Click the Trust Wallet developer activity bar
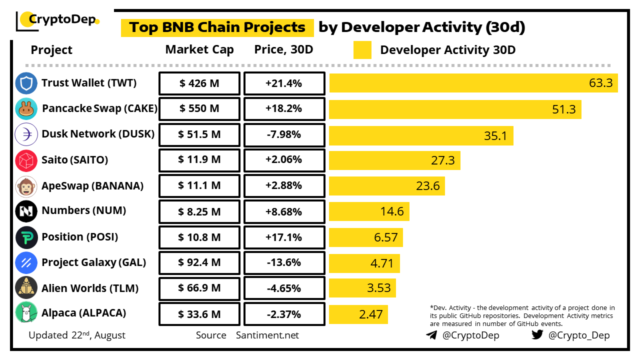coord(473,83)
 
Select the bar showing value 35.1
coord(420,135)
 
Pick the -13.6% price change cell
coord(283,262)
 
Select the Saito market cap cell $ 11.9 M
coord(199,160)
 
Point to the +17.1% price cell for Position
coord(283,237)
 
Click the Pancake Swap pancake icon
coord(26,109)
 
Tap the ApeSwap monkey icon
coord(26,186)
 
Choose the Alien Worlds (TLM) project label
coord(90,288)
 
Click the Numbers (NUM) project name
coord(83,210)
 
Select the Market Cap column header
coord(199,49)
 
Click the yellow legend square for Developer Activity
coord(362,50)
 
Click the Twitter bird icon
coord(537,335)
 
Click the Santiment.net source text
coord(267,335)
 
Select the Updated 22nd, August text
coord(77,335)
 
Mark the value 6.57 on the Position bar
coord(385,237)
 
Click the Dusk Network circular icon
coord(26,134)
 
